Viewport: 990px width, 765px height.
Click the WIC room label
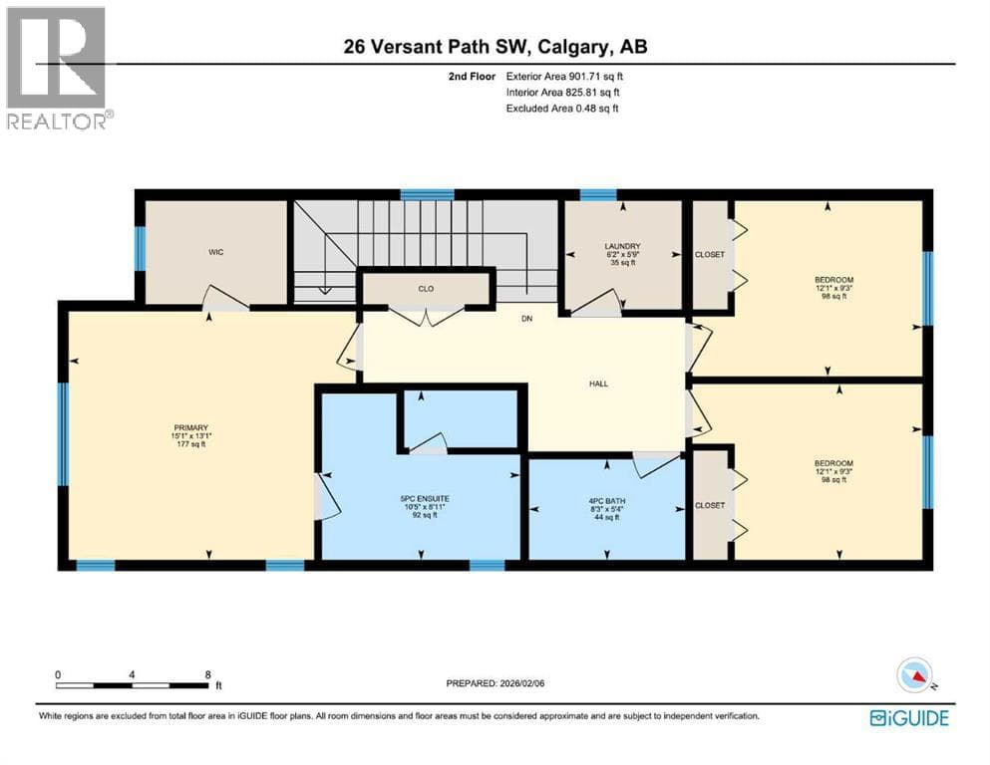216,252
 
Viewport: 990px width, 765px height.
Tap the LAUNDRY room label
622,247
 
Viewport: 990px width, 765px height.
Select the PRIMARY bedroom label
191,427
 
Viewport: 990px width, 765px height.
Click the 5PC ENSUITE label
425,499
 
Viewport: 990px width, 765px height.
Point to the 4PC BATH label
606,501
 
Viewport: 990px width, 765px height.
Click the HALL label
598,383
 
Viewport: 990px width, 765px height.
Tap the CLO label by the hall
426,289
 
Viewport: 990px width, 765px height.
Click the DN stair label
527,319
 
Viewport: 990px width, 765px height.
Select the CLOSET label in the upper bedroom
710,255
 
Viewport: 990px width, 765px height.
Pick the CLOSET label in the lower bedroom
710,506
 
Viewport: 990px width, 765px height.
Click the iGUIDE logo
909,718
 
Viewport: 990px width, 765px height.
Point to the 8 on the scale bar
207,674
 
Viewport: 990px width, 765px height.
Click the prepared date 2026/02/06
520,683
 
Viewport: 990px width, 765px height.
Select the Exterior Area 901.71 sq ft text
564,77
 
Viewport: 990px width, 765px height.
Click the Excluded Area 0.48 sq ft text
562,109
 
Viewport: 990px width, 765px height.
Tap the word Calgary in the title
574,47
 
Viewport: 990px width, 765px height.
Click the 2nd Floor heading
472,77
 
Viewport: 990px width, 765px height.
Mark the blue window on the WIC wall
141,248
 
